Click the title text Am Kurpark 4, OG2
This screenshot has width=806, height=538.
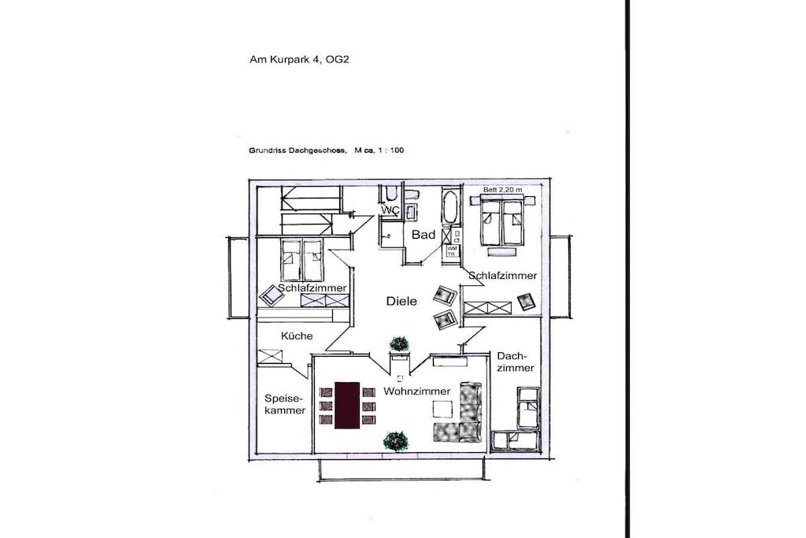tap(299, 60)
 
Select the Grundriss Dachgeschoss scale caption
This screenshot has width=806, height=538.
tap(327, 150)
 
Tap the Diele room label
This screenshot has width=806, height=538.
tap(401, 301)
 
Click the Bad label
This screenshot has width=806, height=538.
tap(423, 235)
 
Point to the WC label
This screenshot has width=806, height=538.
tap(390, 210)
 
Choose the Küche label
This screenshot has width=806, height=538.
tap(297, 336)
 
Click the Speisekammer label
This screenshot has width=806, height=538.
tap(285, 404)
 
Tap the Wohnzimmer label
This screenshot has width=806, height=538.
tap(417, 391)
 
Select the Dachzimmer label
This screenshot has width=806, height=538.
tap(515, 362)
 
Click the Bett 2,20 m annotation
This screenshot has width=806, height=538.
tap(503, 190)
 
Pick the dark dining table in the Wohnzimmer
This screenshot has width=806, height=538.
tap(347, 405)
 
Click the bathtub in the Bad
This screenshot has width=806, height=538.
tap(450, 206)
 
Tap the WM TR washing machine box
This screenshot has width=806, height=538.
tap(452, 251)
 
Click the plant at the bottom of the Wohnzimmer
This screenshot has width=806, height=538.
tap(396, 441)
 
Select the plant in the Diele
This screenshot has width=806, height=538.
tap(399, 343)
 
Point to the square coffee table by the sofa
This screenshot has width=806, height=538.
tap(442, 409)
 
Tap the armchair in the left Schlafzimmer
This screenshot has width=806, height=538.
tap(272, 295)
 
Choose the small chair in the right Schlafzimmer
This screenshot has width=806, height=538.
tap(527, 302)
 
